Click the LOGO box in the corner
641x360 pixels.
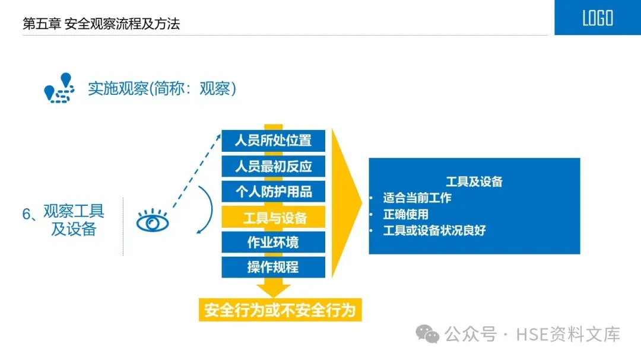click(597, 18)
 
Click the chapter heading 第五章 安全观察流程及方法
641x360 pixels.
click(101, 24)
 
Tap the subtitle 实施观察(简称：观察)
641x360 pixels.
click(162, 88)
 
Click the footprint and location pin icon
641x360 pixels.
click(59, 88)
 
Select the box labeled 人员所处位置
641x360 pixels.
click(273, 141)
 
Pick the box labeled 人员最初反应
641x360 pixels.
click(273, 166)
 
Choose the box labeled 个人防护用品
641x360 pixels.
click(273, 192)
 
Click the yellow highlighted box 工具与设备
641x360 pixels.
click(273, 217)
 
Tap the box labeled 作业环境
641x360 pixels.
click(273, 242)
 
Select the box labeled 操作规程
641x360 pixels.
click(273, 267)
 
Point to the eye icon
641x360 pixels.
click(153, 222)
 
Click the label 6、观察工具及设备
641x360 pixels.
click(65, 220)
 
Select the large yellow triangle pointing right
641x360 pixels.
click(345, 202)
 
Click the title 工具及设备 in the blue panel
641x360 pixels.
click(474, 181)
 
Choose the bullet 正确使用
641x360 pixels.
click(405, 214)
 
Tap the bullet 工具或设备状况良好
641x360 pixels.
click(434, 230)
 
